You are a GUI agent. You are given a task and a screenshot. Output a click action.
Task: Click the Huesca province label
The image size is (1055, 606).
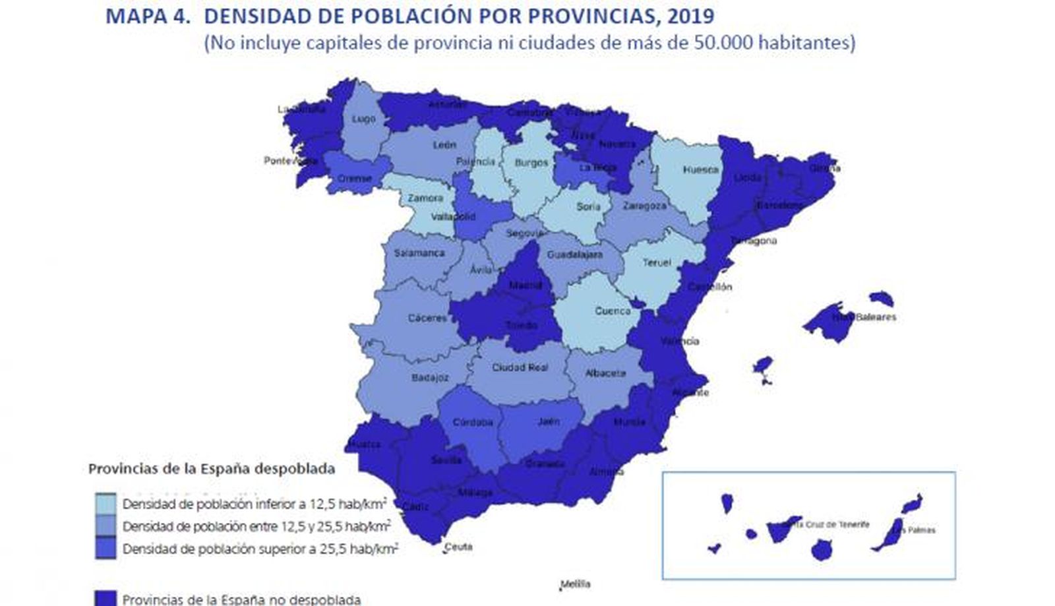[700, 169]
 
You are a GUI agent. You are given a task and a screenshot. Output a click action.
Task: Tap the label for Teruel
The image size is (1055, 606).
[656, 262]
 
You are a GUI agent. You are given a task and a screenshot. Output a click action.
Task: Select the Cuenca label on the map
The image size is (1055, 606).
[613, 311]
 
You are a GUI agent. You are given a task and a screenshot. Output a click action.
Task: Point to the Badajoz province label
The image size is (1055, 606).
[430, 378]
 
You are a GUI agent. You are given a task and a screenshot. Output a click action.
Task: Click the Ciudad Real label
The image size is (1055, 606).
[520, 367]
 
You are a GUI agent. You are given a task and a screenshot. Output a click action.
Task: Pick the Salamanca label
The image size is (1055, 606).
[419, 253]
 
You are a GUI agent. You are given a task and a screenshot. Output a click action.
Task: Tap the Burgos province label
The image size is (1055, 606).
[531, 162]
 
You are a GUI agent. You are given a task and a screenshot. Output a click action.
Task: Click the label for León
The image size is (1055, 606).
[444, 144]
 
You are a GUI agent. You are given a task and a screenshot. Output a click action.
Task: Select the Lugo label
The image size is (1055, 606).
[363, 119]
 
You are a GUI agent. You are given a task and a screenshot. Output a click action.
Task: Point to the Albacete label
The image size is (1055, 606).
[605, 373]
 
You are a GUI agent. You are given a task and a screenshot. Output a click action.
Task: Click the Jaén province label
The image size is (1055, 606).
[549, 421]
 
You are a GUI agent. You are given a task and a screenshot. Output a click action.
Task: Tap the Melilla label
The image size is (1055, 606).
[575, 584]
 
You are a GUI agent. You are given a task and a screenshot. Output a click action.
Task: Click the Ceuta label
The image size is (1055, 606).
[458, 547]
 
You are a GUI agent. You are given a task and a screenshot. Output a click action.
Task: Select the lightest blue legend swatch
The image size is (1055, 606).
[105, 504]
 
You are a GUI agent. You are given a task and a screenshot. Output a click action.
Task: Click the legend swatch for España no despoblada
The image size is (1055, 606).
[105, 598]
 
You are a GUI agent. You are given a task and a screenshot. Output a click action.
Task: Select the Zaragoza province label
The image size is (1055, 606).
[644, 206]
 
